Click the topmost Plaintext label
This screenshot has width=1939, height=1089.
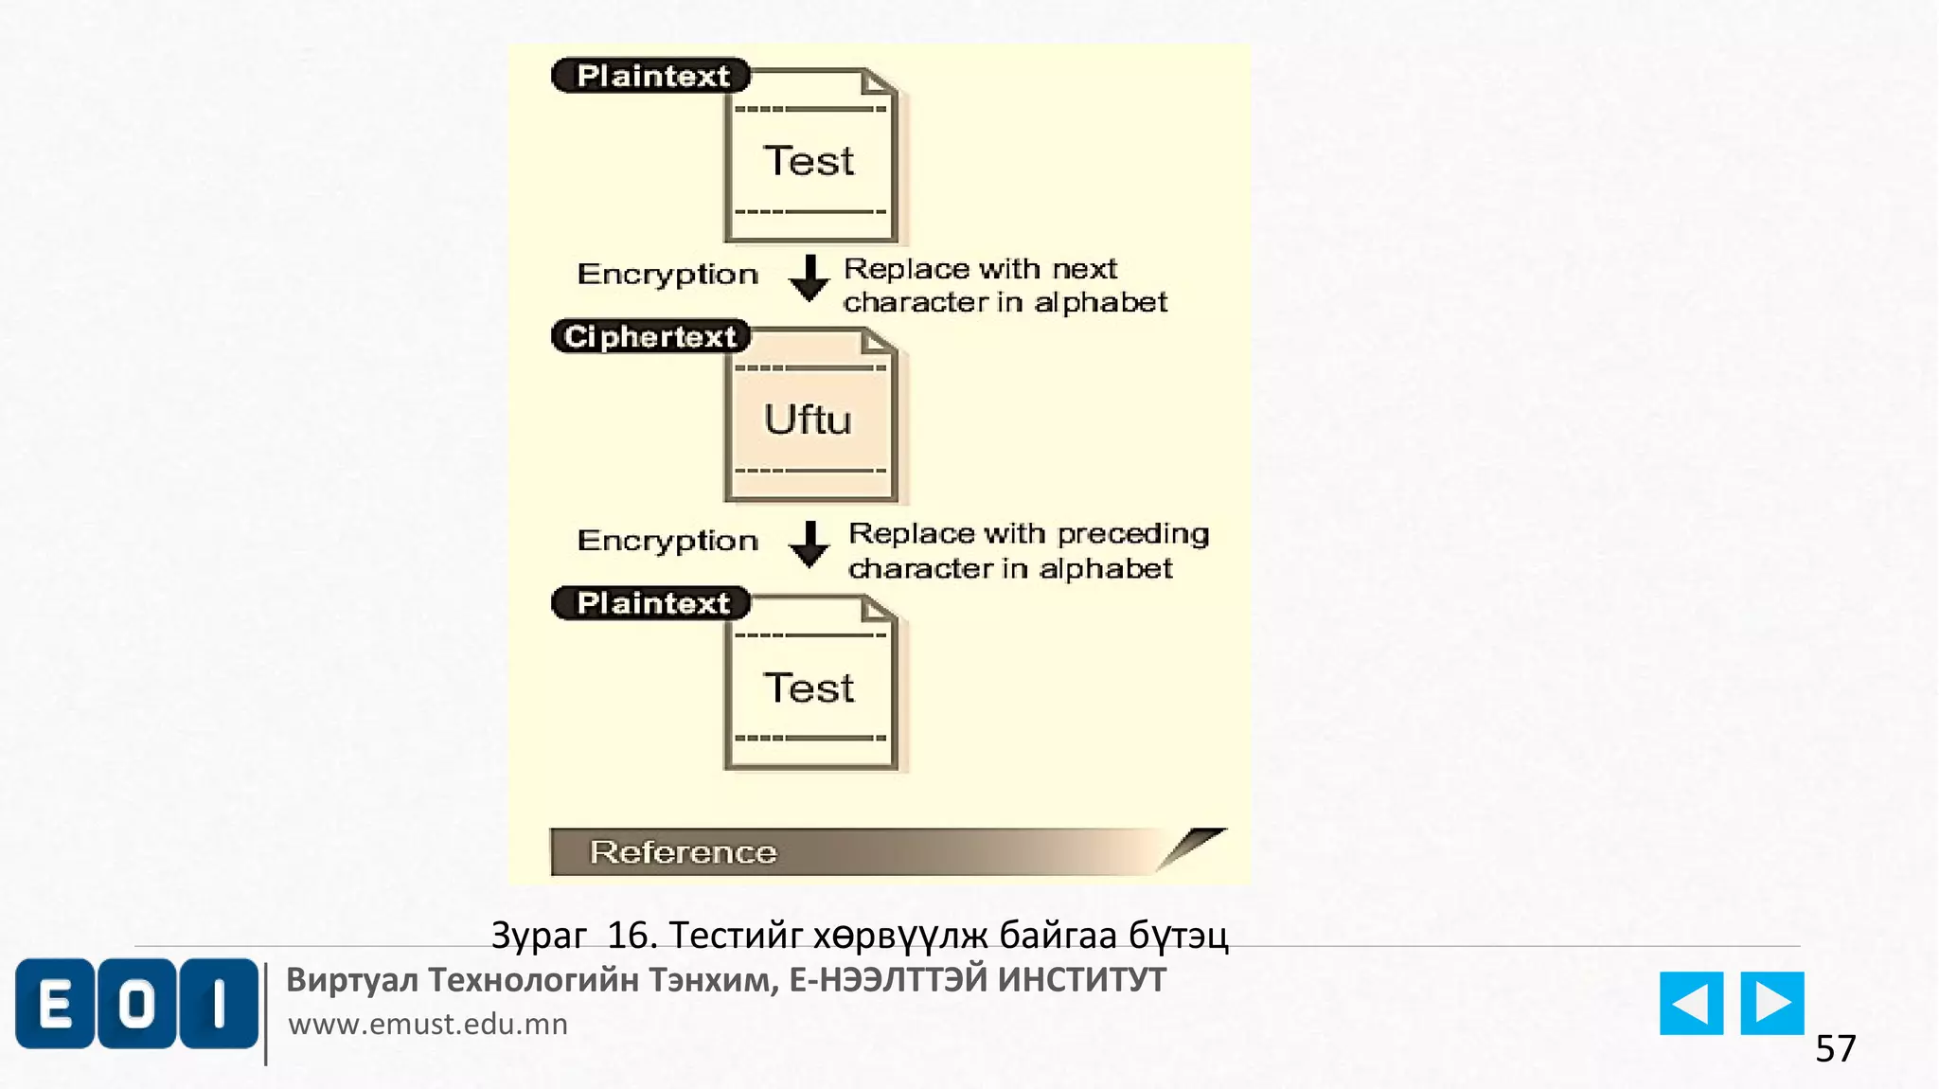(651, 76)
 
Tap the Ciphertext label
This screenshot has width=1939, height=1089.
(650, 336)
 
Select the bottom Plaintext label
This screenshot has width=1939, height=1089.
(651, 603)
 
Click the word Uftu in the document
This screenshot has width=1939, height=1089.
(808, 420)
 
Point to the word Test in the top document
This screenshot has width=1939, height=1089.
(809, 161)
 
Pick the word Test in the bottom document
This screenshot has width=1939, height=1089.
(809, 687)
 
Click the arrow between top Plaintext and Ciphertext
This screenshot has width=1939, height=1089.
(809, 277)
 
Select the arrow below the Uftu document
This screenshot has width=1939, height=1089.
(809, 544)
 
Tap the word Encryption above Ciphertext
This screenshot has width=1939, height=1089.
(667, 275)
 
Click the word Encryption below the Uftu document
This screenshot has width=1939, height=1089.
(667, 541)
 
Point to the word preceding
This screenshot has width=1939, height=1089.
(1132, 534)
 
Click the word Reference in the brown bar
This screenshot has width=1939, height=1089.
(683, 852)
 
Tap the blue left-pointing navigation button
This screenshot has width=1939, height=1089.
(1691, 1003)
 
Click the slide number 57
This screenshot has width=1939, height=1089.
(1835, 1049)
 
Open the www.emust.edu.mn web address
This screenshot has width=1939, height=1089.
(428, 1024)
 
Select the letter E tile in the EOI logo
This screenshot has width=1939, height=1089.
(55, 1003)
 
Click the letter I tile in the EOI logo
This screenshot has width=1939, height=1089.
(219, 1003)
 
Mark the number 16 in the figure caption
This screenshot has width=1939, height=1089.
(631, 936)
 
